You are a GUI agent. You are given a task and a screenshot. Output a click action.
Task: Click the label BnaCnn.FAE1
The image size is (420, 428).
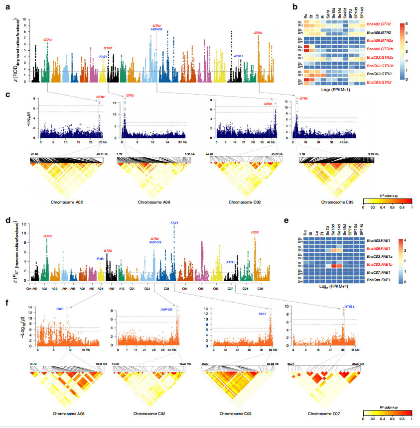379,281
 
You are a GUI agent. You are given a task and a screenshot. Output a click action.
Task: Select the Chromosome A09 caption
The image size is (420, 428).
146,203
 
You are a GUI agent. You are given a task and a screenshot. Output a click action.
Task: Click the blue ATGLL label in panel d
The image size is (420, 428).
231,262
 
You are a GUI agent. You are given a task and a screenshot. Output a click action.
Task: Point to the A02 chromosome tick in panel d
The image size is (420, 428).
45,288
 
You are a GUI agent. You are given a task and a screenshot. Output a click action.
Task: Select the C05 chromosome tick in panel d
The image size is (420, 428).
201,288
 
